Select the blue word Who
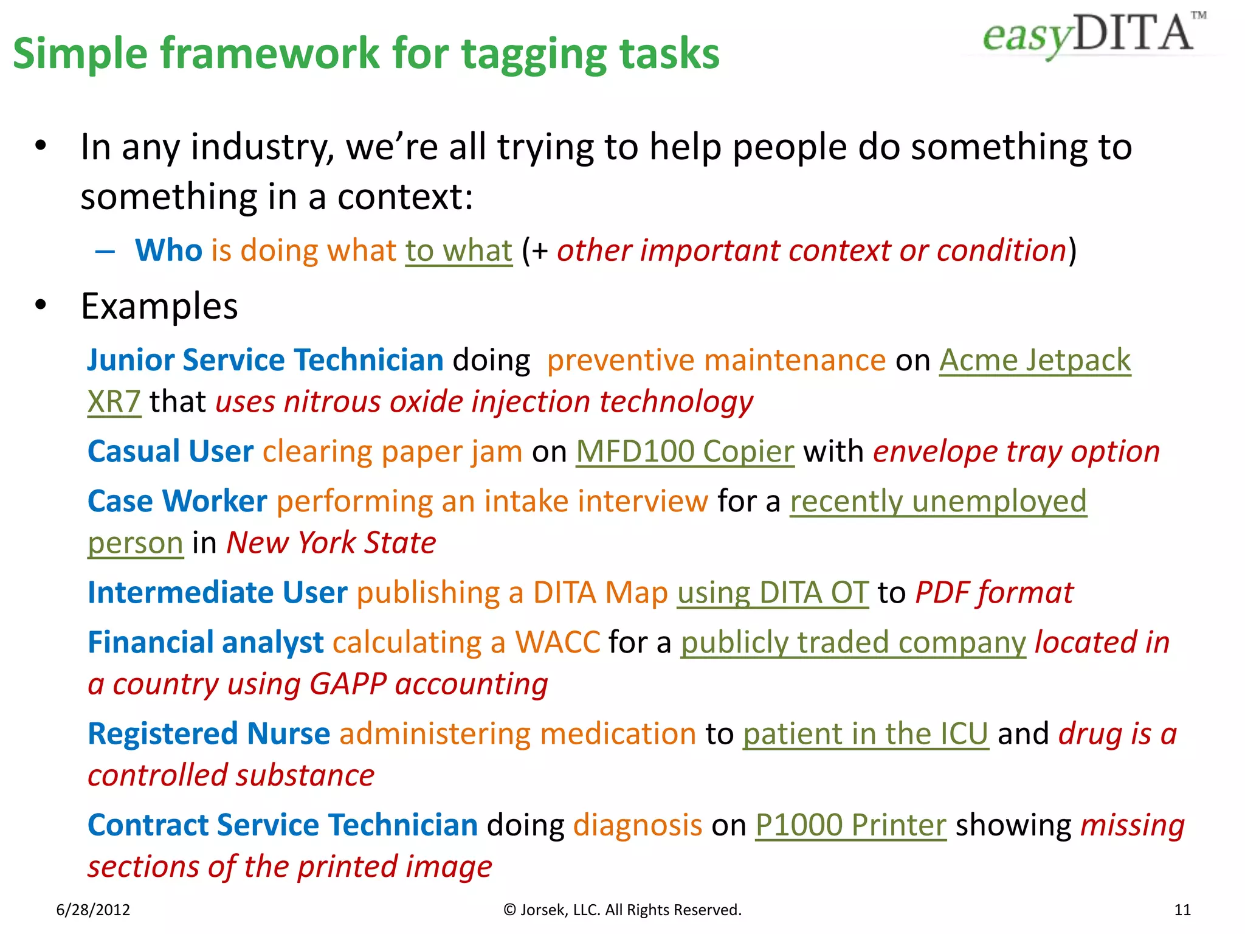click(x=168, y=250)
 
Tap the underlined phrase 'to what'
click(x=459, y=251)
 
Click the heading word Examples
click(x=159, y=306)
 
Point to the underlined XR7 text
click(x=114, y=402)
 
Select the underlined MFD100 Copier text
click(x=685, y=452)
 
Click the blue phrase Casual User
click(x=170, y=452)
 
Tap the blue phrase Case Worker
click(x=177, y=502)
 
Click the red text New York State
click(x=331, y=543)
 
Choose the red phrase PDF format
click(x=994, y=593)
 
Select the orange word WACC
click(x=557, y=643)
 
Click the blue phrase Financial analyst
click(x=205, y=643)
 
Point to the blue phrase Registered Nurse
click(x=209, y=734)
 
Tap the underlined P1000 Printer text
click(x=850, y=825)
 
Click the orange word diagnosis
click(x=638, y=825)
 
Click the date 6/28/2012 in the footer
click(x=93, y=910)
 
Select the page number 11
click(x=1182, y=910)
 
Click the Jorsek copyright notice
click(x=622, y=910)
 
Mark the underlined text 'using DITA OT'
click(x=773, y=593)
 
